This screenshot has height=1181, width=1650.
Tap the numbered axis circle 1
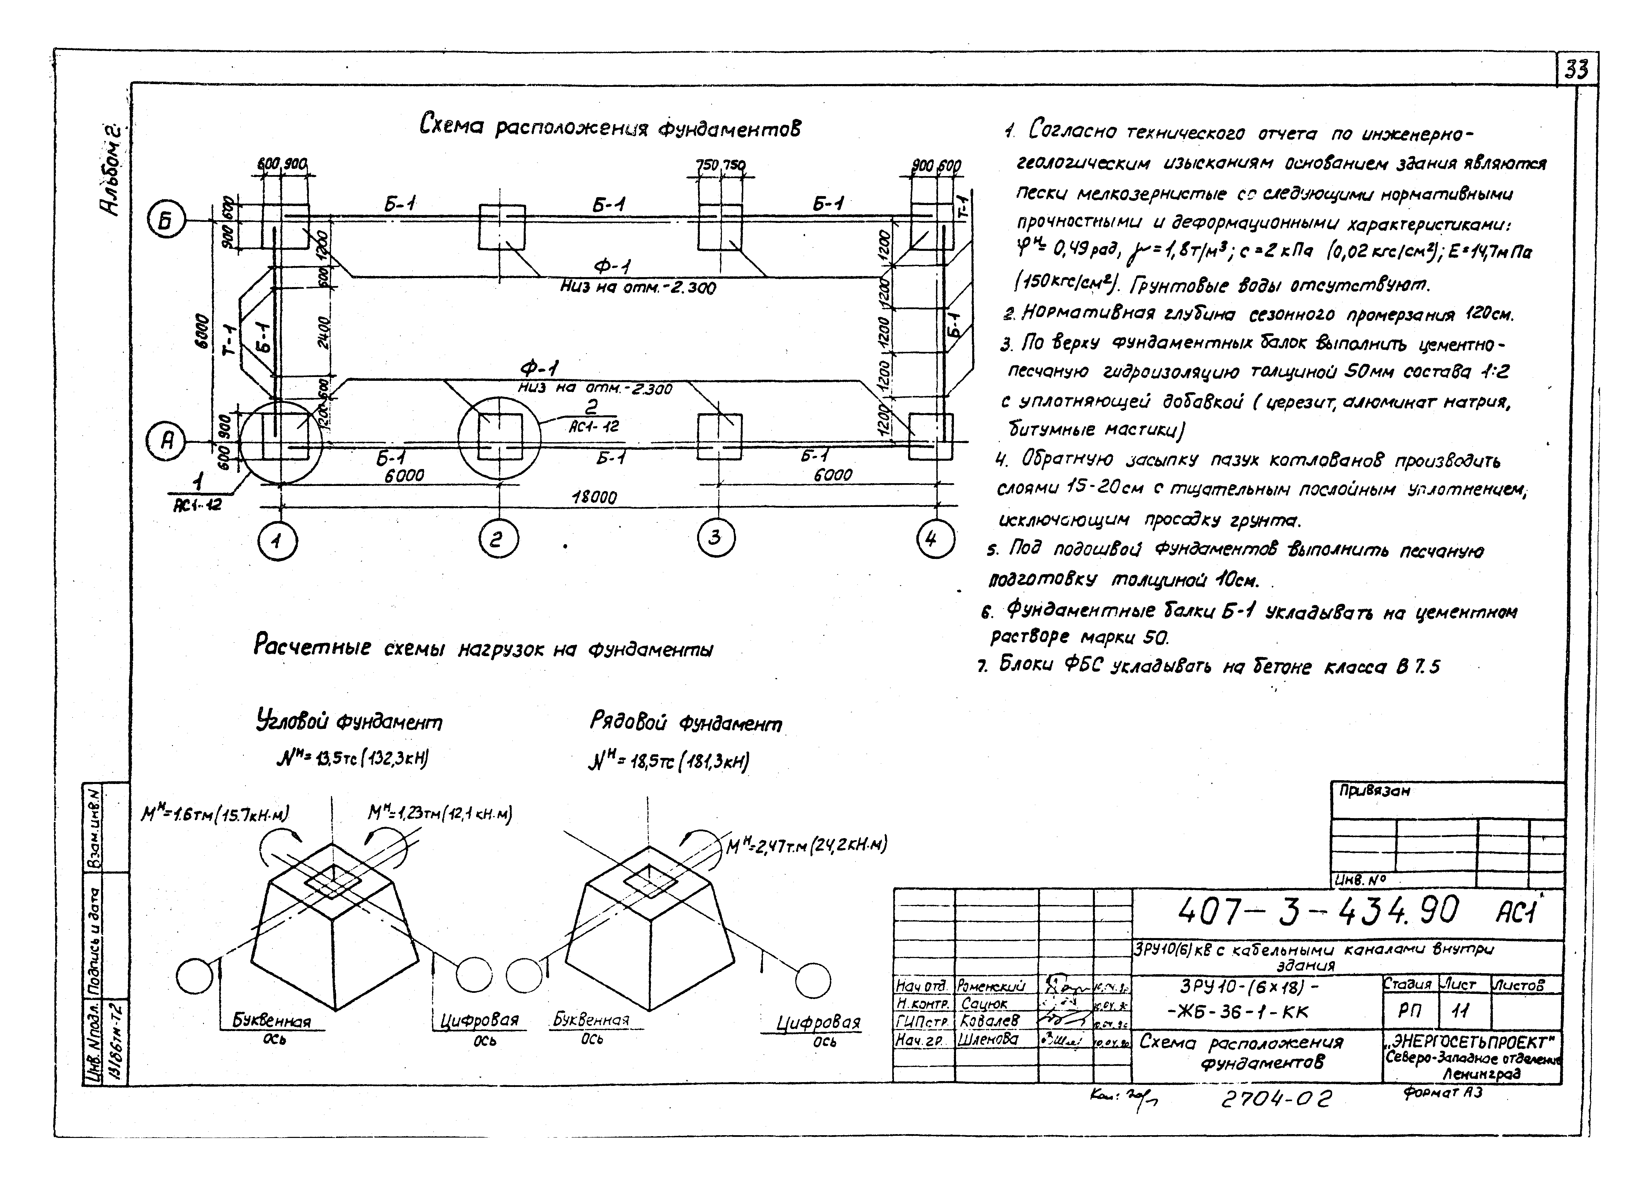pyautogui.click(x=278, y=541)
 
